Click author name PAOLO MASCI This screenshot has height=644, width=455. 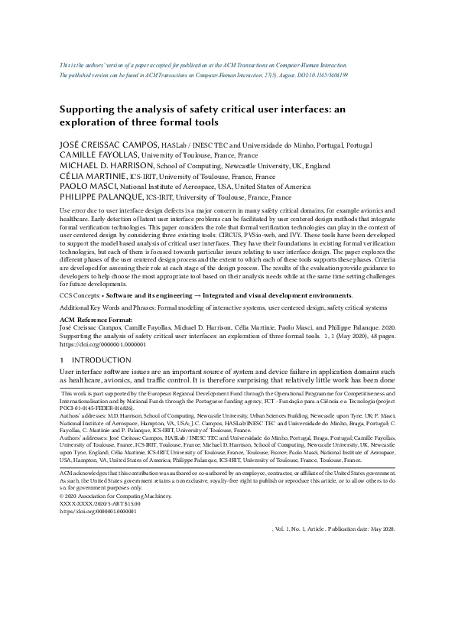pyautogui.click(x=87, y=186)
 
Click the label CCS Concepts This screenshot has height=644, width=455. pyautogui.click(x=79, y=294)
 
